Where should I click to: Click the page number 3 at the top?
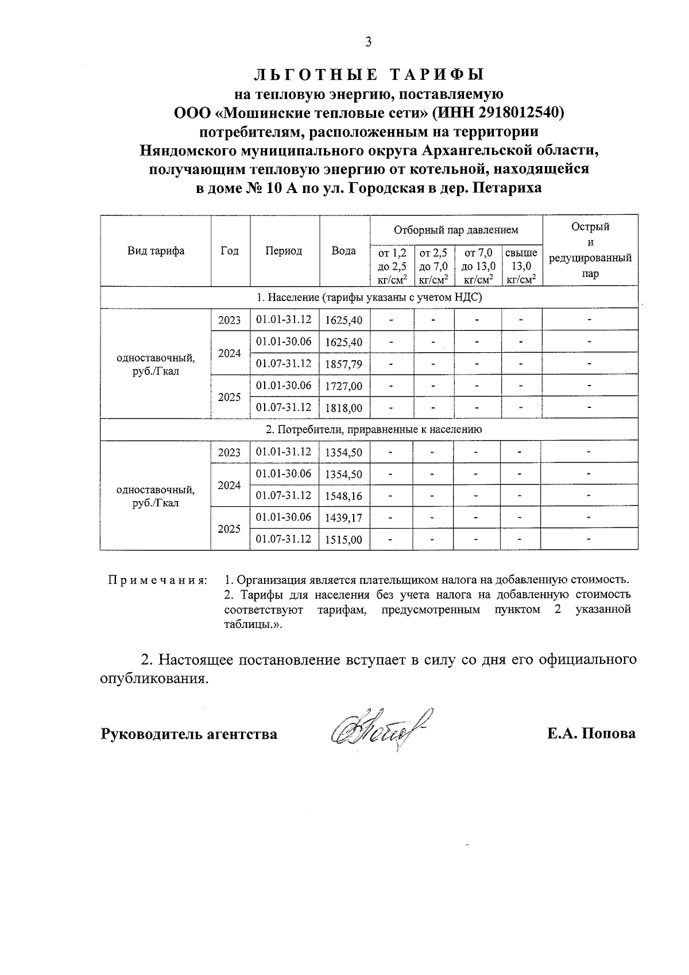point(368,41)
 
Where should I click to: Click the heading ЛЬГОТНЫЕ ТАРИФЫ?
point(369,75)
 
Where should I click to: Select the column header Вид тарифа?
point(156,251)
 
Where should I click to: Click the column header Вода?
point(343,251)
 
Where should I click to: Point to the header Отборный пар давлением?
point(456,230)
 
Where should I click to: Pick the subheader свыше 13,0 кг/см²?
point(521,266)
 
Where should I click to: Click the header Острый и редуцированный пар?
point(590,250)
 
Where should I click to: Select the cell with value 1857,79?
point(343,364)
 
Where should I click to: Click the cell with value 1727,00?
point(343,386)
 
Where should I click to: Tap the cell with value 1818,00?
point(343,408)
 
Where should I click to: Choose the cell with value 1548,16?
point(343,496)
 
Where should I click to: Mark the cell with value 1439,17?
point(343,518)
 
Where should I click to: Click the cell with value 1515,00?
point(343,539)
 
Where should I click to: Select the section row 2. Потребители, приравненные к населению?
point(369,429)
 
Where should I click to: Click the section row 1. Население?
point(369,297)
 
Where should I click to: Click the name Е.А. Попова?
point(591,734)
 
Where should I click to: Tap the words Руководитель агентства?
point(189,734)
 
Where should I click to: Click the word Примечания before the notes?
point(158,579)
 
